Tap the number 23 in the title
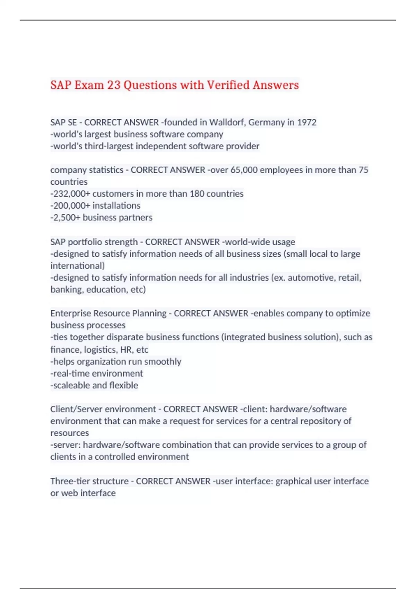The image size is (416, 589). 114,85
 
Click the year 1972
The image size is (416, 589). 306,122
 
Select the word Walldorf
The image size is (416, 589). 227,122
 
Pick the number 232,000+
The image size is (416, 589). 70,194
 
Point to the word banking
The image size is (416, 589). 67,290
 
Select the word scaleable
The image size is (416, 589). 71,385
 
